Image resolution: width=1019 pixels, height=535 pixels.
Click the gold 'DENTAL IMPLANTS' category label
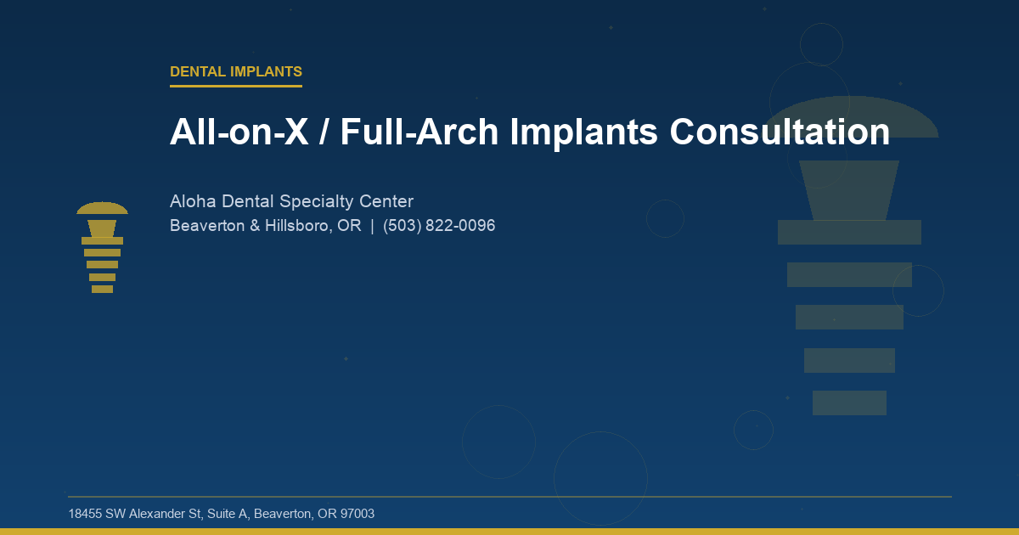coord(236,72)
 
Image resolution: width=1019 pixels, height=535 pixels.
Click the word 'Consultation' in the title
coord(779,132)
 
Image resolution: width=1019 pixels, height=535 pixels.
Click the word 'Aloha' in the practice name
coord(193,201)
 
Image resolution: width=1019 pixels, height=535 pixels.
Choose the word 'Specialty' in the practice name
coord(318,201)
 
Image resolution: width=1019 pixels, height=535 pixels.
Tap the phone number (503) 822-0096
coord(439,226)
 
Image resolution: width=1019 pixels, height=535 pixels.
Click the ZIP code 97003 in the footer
coord(357,514)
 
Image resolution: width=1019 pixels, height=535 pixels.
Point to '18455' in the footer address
coord(85,514)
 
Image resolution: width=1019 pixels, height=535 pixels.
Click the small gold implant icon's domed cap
coord(102,208)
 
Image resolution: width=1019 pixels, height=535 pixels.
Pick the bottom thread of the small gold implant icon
coord(102,289)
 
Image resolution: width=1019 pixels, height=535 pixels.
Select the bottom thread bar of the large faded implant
coord(849,403)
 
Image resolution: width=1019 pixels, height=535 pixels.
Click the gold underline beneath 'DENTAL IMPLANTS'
coord(236,86)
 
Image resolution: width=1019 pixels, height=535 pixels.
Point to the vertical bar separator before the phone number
coord(372,226)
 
